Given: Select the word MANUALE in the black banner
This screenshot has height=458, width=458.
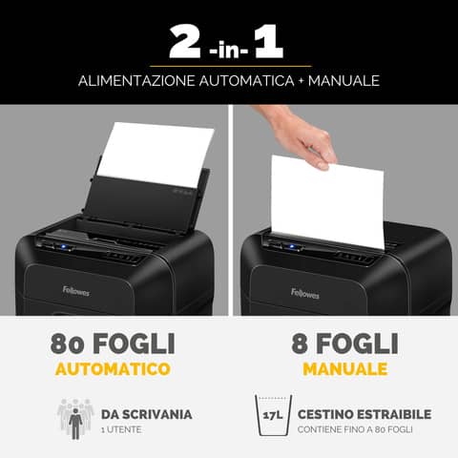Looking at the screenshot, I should [x=341, y=80].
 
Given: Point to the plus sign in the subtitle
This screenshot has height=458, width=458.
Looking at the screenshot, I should [x=298, y=80].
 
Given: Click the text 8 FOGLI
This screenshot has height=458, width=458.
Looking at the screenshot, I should [x=343, y=343].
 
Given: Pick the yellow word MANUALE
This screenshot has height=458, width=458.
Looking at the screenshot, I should [x=343, y=367].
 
